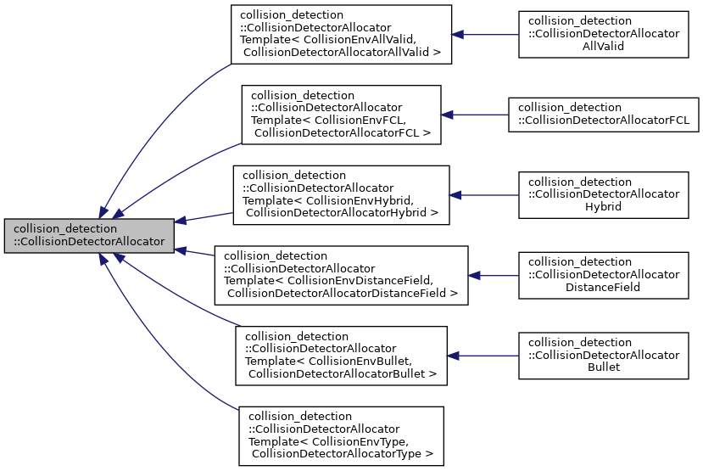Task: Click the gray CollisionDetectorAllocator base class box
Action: point(89,235)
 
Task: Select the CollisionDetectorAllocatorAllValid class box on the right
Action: point(603,33)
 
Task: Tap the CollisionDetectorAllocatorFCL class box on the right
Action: point(603,114)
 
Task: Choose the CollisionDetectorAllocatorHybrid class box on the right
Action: point(603,194)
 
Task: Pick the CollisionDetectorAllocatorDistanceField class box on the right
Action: point(603,275)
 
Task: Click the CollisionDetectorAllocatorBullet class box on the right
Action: point(603,355)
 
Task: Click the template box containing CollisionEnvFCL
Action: point(341,114)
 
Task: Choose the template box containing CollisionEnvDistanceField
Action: point(341,275)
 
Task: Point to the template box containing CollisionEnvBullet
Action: point(341,355)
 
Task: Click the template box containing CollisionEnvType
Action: point(341,435)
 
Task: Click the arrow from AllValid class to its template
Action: point(484,34)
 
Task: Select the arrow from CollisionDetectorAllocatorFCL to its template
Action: point(475,114)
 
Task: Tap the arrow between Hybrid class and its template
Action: point(483,194)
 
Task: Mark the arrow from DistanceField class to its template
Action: point(494,275)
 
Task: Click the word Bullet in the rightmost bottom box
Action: point(604,367)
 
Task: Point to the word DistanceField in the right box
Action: point(604,288)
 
